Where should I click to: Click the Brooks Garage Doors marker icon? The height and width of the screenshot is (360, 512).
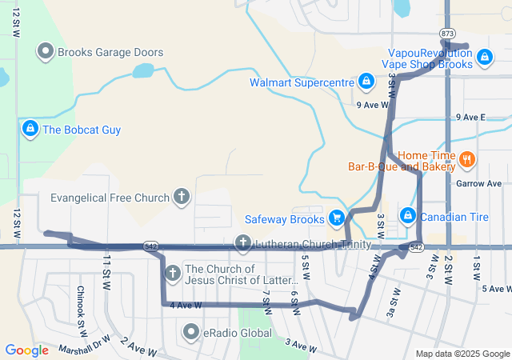46,53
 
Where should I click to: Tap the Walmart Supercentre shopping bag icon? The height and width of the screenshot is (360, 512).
365,82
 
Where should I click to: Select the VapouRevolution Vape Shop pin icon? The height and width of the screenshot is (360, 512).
483,57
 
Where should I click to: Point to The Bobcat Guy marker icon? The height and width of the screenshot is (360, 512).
30,129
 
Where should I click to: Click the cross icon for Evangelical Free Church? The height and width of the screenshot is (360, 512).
182,197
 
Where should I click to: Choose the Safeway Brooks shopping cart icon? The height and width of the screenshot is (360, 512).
336,218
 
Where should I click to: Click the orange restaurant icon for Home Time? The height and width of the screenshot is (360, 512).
467,161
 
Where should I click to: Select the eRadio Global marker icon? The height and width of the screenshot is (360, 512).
191,332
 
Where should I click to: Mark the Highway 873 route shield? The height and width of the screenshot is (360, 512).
447,33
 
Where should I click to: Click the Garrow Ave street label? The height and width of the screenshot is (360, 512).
478,183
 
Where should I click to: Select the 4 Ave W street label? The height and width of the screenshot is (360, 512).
186,306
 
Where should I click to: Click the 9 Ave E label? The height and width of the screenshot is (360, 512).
471,117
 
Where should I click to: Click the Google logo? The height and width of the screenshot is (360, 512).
26,350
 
